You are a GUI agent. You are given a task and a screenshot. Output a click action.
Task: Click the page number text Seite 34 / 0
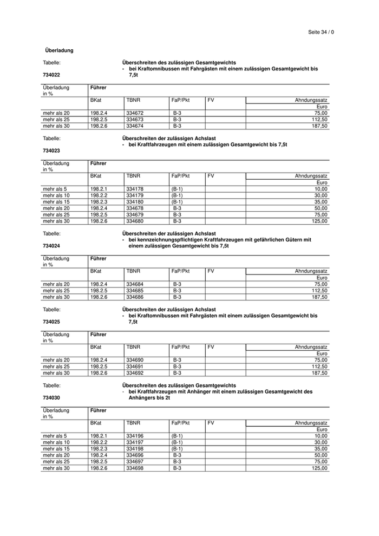(321, 32)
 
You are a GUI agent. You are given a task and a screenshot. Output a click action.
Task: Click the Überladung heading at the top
(59, 50)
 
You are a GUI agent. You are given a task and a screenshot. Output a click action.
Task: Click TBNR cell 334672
(135, 113)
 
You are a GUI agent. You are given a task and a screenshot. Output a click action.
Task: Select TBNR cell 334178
(135, 189)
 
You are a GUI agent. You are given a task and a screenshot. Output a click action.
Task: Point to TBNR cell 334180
(135, 202)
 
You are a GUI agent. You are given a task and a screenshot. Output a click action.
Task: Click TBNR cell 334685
(135, 290)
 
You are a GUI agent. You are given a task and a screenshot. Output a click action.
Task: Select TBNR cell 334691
(135, 366)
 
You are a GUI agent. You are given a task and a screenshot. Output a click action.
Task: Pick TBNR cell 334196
(135, 435)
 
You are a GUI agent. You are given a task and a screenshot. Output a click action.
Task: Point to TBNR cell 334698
(135, 468)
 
